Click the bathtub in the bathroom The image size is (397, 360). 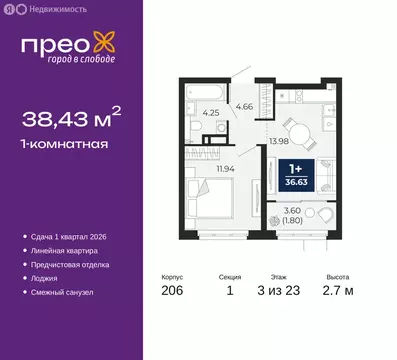pyautogui.click(x=205, y=92)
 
